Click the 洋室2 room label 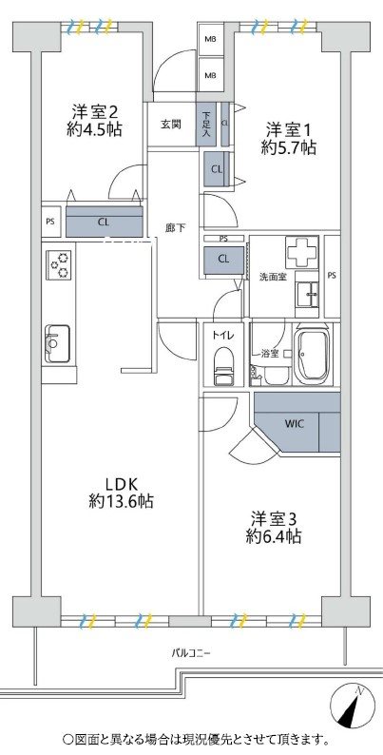pyautogui.click(x=95, y=113)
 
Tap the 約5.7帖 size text pyautogui.click(x=289, y=148)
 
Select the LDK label pyautogui.click(x=121, y=483)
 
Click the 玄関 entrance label pyautogui.click(x=170, y=125)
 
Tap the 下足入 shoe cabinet pyautogui.click(x=206, y=125)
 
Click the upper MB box pyautogui.click(x=211, y=40)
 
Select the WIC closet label pyautogui.click(x=294, y=424)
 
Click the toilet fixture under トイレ pyautogui.click(x=223, y=367)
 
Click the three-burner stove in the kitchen pyautogui.click(x=60, y=264)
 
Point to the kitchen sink pyautogui.click(x=58, y=343)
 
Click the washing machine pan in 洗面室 pyautogui.click(x=301, y=251)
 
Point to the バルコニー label pyautogui.click(x=192, y=653)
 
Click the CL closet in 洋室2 pyautogui.click(x=104, y=222)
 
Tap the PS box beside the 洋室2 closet pyautogui.click(x=50, y=222)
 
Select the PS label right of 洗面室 pyautogui.click(x=332, y=276)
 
